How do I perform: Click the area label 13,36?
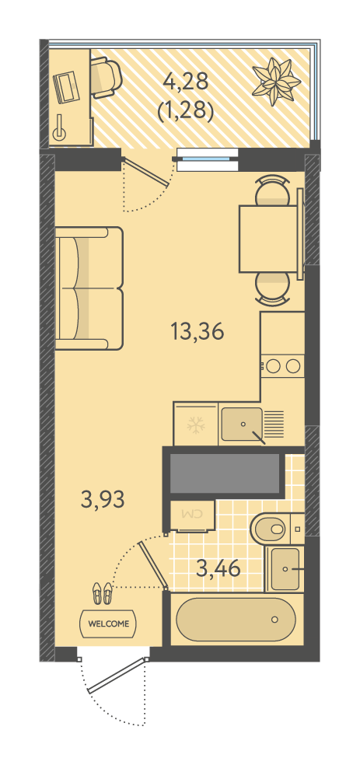pos(197,332)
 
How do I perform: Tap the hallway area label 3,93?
pos(103,500)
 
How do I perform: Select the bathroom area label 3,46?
pos(218,568)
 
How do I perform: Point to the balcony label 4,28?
pos(186,81)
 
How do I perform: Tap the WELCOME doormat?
pos(108,624)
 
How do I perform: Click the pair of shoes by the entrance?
pos(102,593)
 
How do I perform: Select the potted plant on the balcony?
pos(276,82)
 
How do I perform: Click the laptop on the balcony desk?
pos(66,87)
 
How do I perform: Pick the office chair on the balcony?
pos(106,77)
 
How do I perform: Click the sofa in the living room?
pos(89,288)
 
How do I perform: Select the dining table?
pos(269,239)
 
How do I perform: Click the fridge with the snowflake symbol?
pos(196,424)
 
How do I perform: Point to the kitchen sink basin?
pos(242,424)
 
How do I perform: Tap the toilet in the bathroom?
pos(271,527)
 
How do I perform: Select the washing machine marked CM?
pos(192,515)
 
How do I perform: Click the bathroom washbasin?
pos(285,569)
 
